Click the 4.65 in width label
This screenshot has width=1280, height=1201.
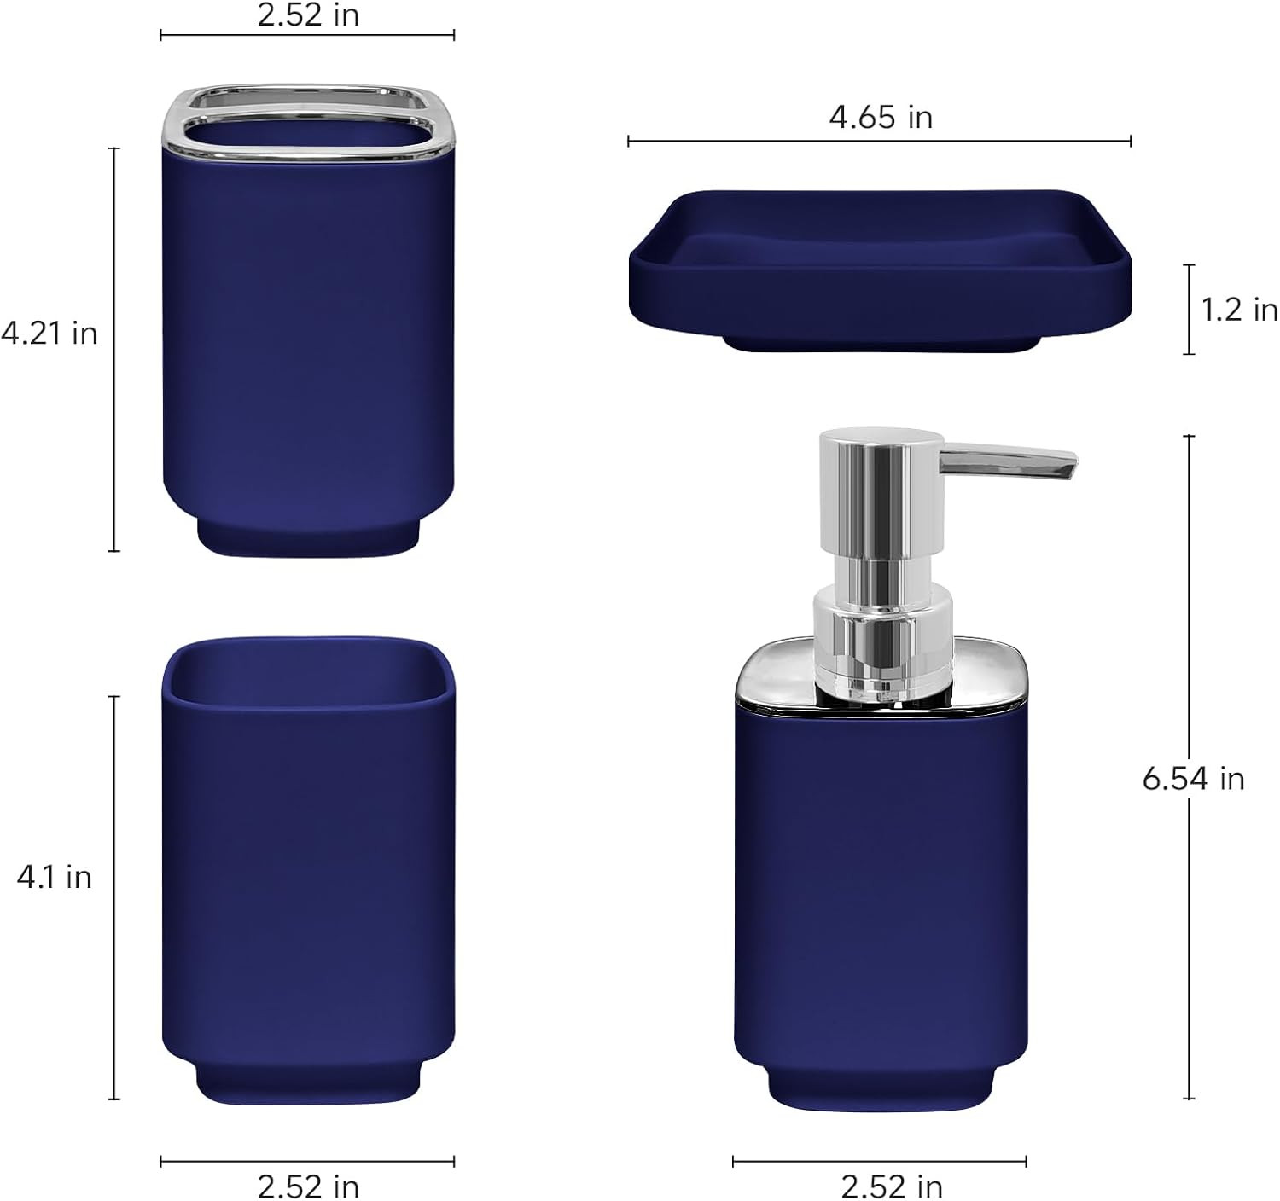pos(881,117)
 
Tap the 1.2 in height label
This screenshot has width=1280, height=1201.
pos(1239,310)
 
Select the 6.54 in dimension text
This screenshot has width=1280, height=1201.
pos(1193,778)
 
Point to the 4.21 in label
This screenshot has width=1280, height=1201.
pos(49,334)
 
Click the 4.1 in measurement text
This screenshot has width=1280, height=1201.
pos(54,877)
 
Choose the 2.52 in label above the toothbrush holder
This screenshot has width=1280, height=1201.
pos(308,15)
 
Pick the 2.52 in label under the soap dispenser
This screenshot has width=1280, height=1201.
pos(892,1186)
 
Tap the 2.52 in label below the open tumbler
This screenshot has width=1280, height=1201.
pos(308,1186)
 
